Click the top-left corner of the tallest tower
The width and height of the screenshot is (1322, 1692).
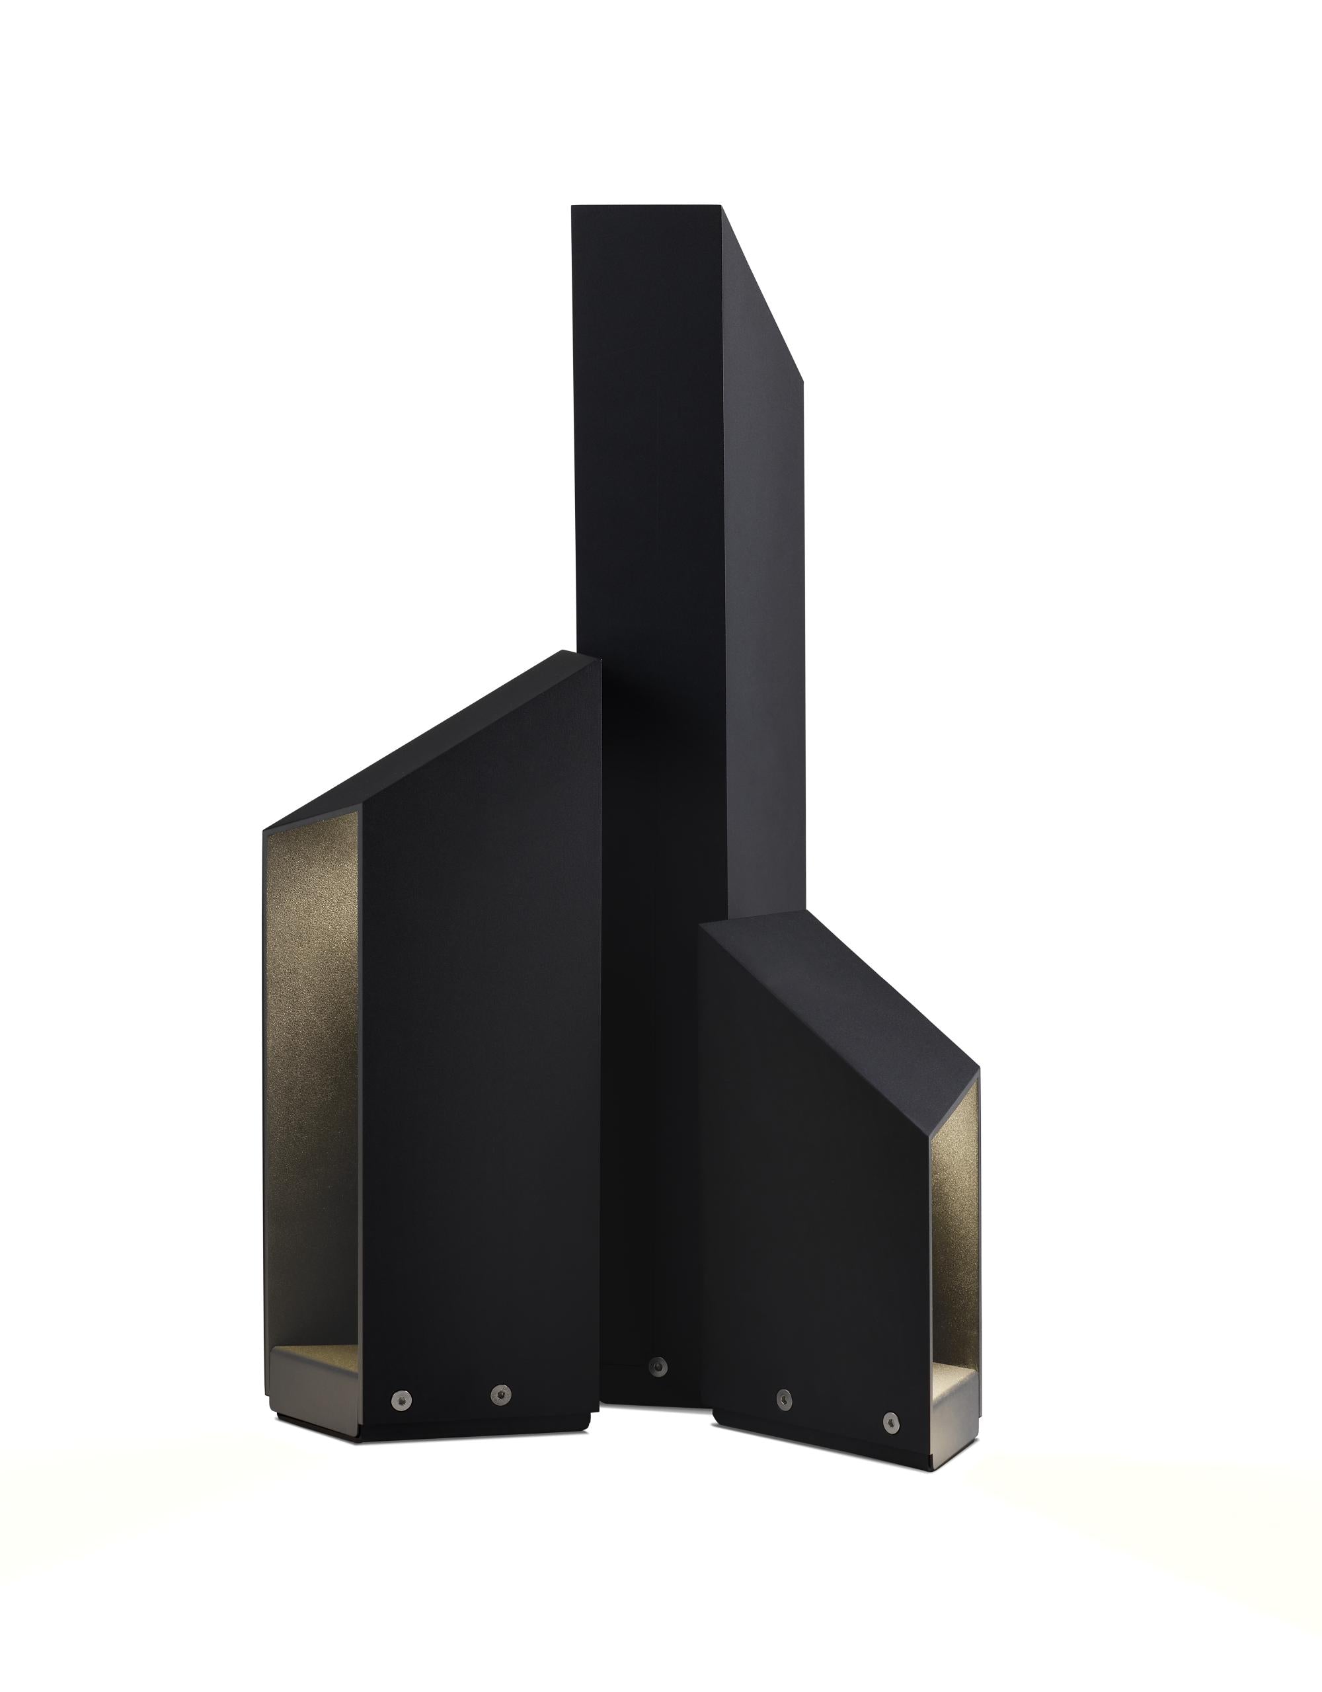point(574,207)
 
